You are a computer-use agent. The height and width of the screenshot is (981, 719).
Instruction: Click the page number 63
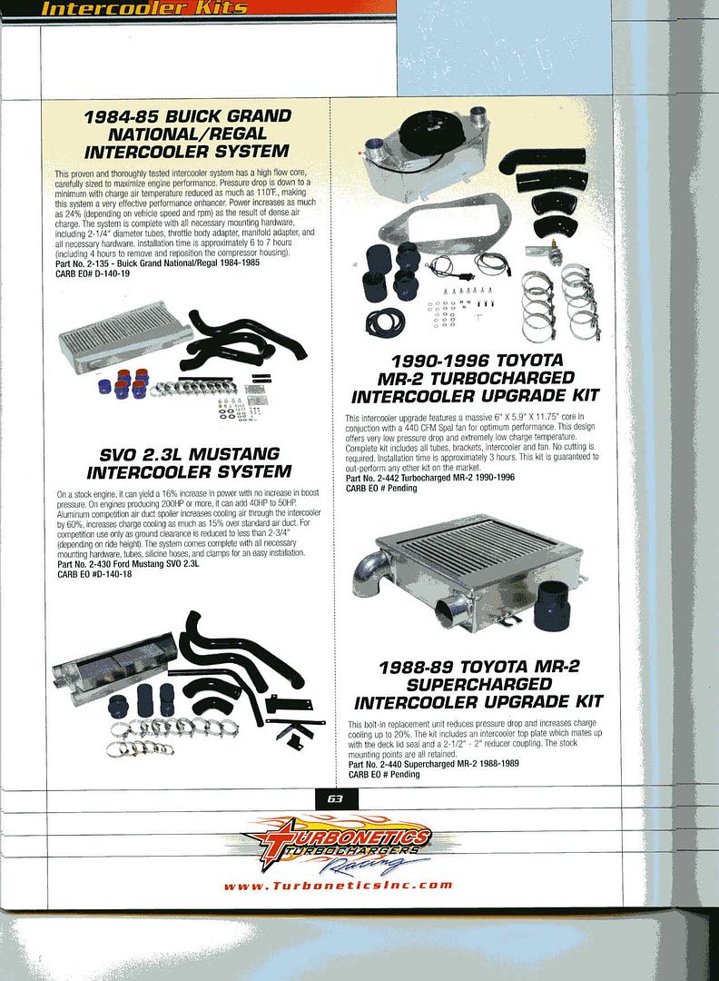tap(334, 799)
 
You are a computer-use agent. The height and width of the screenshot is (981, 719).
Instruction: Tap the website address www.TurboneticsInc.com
tap(337, 885)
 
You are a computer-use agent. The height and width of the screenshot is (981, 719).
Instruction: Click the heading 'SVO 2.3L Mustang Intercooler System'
tap(189, 462)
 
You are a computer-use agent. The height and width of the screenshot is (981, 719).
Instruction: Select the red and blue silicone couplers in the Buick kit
tap(124, 382)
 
